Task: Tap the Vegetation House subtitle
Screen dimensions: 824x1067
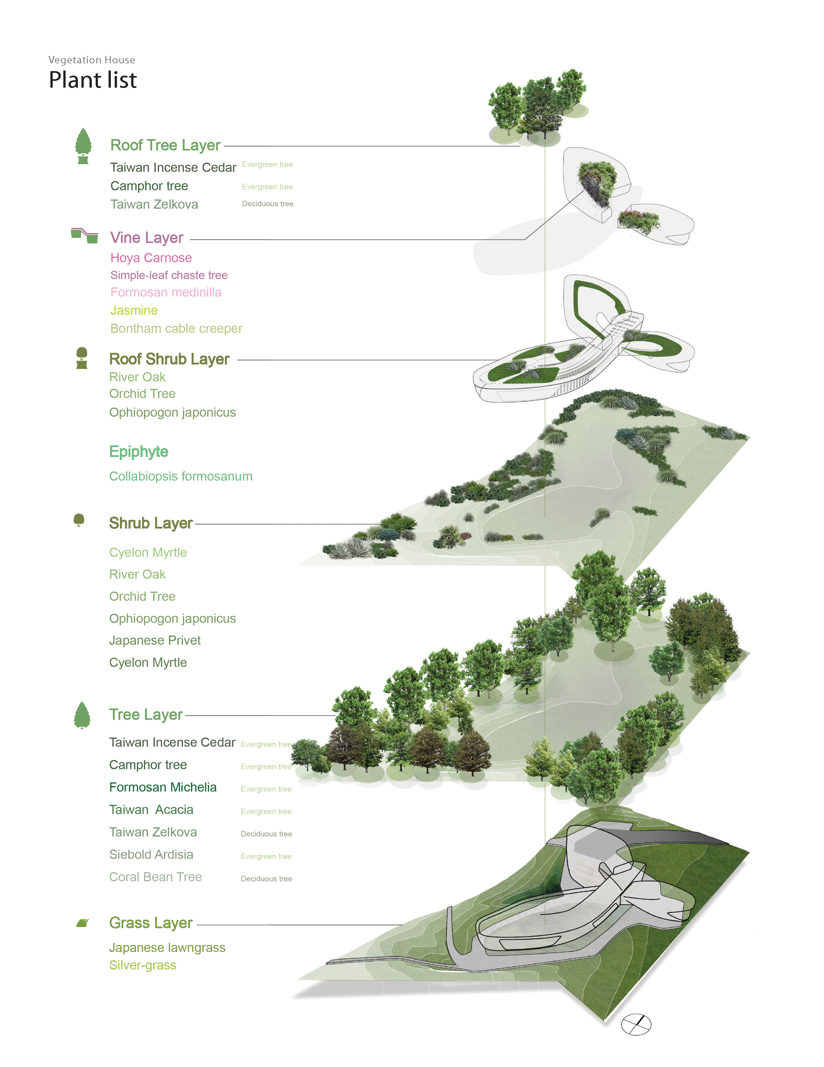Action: [92, 60]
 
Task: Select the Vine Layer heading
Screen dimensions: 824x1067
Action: [146, 238]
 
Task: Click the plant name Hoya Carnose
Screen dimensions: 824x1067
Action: [151, 258]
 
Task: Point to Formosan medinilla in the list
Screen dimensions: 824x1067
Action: [166, 292]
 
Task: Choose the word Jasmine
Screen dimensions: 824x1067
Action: [134, 310]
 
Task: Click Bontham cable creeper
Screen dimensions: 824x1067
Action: [176, 328]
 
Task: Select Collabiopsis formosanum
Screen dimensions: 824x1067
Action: [181, 476]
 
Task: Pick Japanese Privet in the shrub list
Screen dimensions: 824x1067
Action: [155, 641]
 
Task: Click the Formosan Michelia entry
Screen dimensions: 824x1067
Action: [163, 787]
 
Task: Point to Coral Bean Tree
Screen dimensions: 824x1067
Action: [155, 877]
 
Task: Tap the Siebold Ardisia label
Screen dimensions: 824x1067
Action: [151, 855]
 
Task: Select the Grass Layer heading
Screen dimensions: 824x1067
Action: [151, 923]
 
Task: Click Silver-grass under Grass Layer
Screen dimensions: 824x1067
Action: [143, 965]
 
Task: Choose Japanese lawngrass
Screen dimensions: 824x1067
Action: [167, 948]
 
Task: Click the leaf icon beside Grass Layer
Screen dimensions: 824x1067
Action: [82, 923]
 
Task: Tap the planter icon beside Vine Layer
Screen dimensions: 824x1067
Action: [84, 235]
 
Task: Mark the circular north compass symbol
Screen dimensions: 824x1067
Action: [636, 1025]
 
